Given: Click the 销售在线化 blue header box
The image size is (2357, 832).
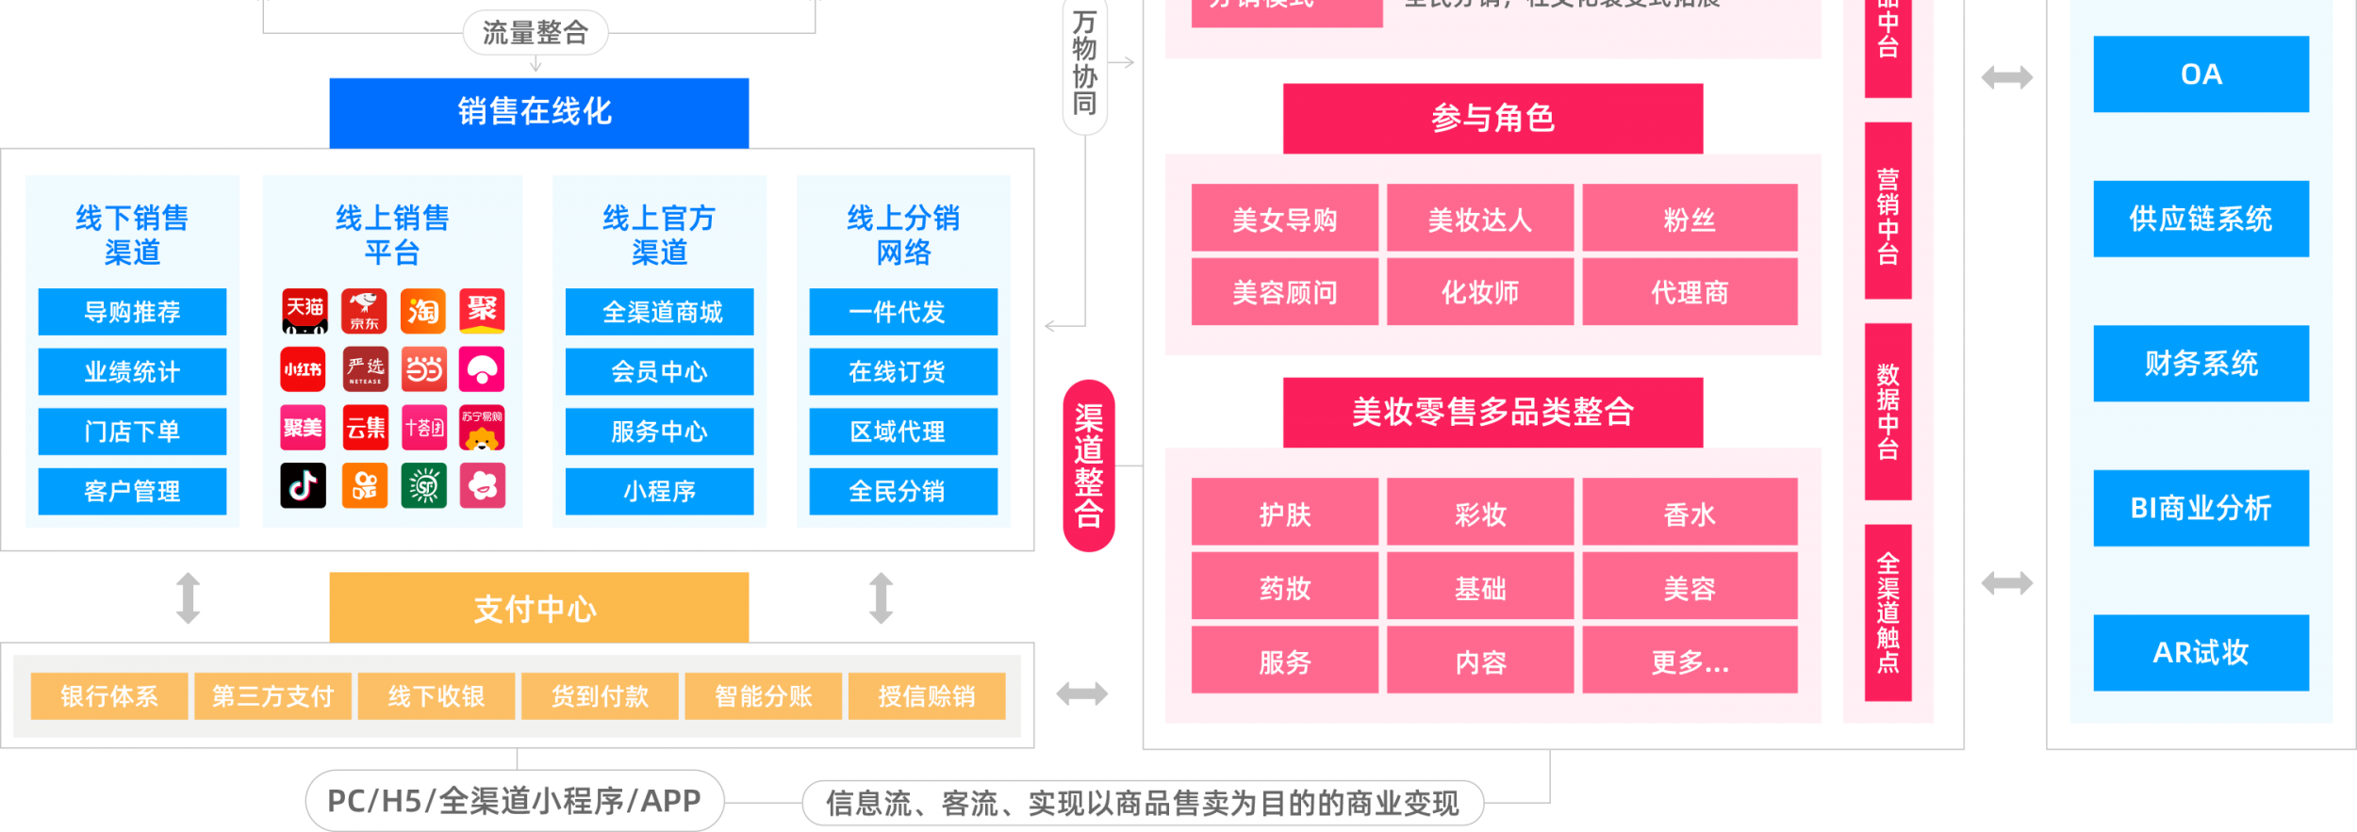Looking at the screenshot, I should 538,112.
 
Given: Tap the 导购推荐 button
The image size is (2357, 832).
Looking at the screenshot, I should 132,312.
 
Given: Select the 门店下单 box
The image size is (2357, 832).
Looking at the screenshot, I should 132,432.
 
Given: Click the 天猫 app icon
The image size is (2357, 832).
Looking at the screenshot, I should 305,311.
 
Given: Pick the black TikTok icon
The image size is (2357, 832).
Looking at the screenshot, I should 304,485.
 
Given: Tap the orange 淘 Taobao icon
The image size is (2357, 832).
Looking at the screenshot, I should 423,311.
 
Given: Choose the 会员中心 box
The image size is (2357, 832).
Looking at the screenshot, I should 659,371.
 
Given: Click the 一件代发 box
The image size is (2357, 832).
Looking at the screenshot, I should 902,312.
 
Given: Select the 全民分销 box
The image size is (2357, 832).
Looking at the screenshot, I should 902,491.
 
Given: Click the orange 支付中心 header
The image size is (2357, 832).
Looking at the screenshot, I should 538,608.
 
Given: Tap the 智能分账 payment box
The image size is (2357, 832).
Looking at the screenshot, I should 763,696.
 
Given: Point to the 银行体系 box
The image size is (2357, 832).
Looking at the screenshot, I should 109,696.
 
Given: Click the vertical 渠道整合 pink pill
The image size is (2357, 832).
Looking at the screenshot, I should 1089,465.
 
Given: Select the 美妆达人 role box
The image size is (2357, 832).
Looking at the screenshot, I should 1479,219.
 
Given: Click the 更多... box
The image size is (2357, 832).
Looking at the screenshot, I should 1689,661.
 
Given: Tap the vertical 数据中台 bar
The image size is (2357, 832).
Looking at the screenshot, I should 1887,412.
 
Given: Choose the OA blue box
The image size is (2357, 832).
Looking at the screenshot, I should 2200,74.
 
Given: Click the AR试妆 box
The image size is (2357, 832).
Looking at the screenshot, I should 2200,652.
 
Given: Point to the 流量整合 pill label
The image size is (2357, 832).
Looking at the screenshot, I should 536,33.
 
